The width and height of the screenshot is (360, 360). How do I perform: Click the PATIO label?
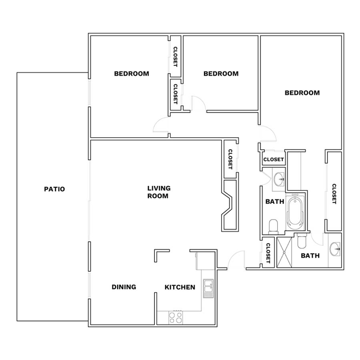tap(54, 189)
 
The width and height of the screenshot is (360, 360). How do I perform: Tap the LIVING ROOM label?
tap(159, 192)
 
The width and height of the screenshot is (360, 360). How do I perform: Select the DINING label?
tap(124, 287)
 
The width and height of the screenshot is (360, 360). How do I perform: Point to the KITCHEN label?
tap(180, 287)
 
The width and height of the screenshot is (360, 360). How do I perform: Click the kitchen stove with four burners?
tap(176, 318)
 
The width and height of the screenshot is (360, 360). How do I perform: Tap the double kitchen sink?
tap(208, 288)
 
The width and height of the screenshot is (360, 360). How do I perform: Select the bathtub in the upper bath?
tap(296, 211)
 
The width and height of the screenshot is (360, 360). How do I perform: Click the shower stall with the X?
tap(284, 252)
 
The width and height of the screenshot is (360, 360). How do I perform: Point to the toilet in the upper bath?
tap(273, 226)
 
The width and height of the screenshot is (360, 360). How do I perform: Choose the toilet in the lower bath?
tap(302, 241)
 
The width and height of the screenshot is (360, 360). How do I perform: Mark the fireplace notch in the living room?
tap(228, 204)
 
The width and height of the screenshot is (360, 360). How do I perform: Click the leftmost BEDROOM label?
tap(132, 74)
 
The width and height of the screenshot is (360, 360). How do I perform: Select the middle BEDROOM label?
tap(221, 74)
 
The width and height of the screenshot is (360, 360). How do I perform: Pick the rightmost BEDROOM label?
tap(302, 93)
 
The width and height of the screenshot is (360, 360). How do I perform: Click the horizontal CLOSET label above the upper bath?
tap(274, 159)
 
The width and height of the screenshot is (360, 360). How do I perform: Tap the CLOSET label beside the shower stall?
tap(268, 253)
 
